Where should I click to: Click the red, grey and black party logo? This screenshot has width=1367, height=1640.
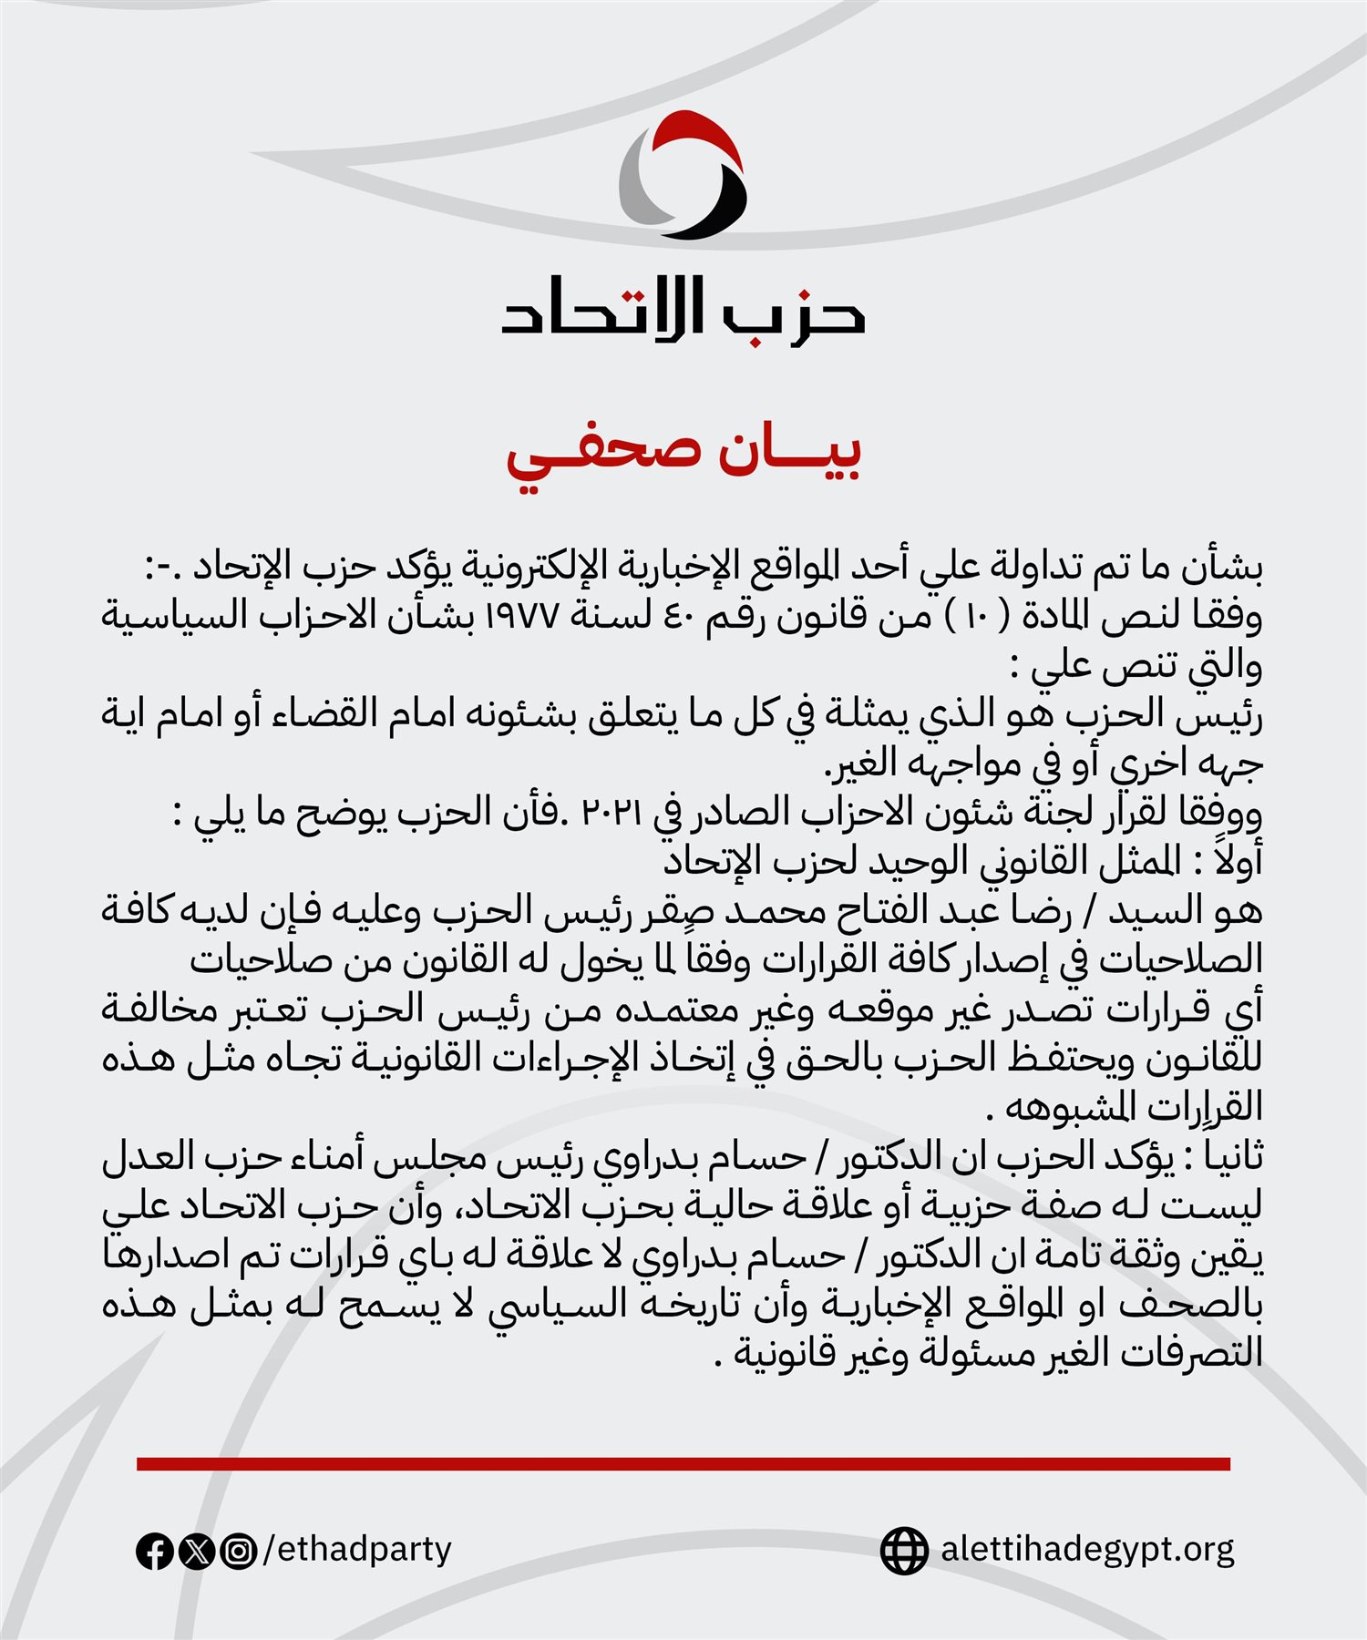point(683,176)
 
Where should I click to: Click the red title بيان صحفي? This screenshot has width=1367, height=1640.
point(683,453)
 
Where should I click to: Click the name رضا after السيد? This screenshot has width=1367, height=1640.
point(1039,910)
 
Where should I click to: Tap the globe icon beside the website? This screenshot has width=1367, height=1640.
point(904,1551)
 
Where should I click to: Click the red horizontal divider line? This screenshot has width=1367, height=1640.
point(683,1464)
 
